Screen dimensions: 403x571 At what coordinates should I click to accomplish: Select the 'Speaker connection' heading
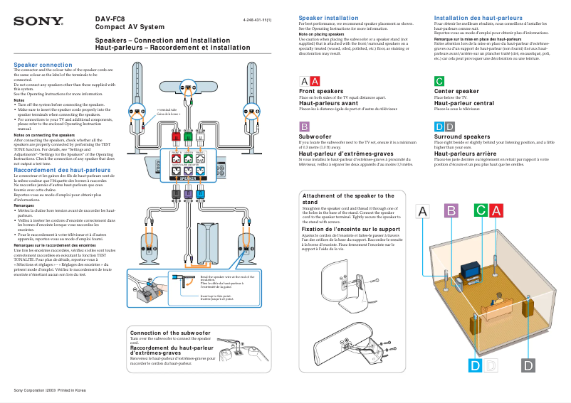point(43,65)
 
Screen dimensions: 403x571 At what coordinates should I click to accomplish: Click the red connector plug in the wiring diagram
point(175,135)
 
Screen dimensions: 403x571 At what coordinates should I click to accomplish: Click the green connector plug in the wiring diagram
point(188,135)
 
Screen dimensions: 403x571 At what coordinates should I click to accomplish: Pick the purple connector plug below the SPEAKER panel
point(188,193)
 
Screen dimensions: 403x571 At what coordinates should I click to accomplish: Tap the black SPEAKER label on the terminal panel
point(188,178)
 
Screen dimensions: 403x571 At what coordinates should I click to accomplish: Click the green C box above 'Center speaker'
point(439,81)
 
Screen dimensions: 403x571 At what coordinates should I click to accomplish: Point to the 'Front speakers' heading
point(321,92)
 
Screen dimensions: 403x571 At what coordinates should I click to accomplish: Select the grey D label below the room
point(528,365)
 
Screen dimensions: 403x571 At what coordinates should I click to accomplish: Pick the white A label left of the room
point(424,211)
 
